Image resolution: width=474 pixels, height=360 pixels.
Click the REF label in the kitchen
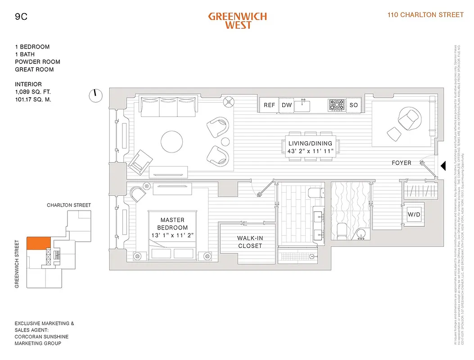(269, 105)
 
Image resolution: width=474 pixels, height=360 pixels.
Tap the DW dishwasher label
(287, 105)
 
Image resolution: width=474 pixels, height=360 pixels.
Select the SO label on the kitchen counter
(353, 105)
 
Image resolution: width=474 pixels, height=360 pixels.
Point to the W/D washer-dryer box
(414, 215)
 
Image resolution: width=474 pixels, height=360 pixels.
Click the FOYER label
(401, 163)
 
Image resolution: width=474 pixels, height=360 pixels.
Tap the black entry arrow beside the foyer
(442, 166)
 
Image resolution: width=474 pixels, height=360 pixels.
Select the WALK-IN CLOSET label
(249, 242)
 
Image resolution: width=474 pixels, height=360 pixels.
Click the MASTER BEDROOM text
(172, 224)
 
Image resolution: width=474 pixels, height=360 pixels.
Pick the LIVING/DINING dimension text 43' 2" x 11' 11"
(311, 152)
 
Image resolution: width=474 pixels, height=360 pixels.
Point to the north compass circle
(95, 95)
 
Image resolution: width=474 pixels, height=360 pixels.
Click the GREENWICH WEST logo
(237, 21)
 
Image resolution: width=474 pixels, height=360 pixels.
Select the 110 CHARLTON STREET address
(425, 15)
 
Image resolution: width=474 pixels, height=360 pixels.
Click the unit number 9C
(21, 18)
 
